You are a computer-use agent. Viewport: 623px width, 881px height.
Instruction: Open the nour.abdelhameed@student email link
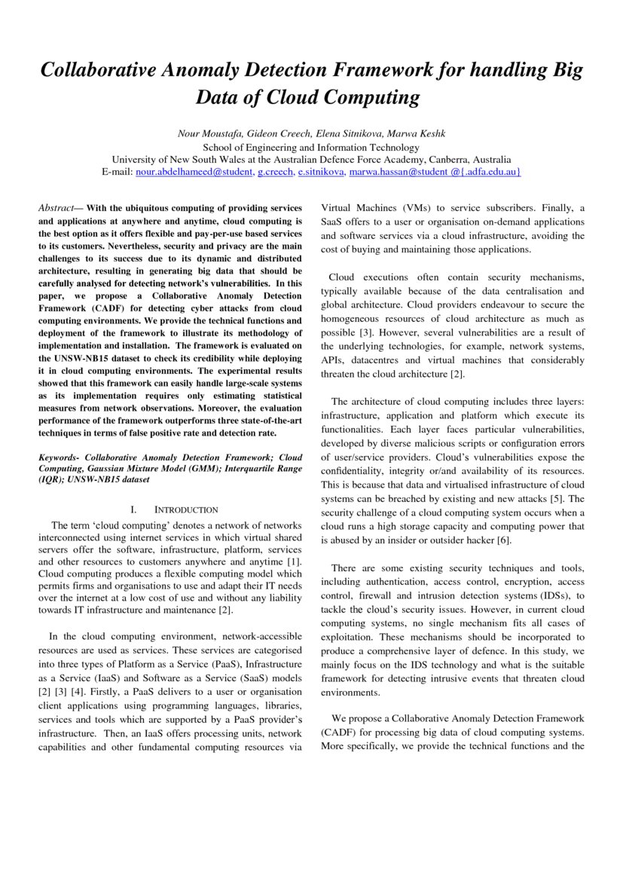(x=194, y=172)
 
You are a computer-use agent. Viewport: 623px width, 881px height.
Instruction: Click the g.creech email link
(x=275, y=172)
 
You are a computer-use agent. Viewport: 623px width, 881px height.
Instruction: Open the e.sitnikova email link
(x=321, y=172)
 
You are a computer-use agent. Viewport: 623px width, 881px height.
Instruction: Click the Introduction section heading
(x=186, y=510)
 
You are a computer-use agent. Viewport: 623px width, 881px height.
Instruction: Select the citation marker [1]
(x=295, y=561)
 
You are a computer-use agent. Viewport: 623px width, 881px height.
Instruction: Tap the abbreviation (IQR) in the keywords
(x=50, y=479)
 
